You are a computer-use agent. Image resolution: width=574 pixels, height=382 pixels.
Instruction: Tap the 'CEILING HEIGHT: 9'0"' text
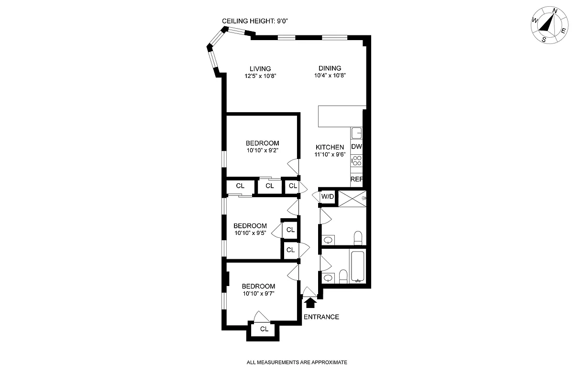pos(255,21)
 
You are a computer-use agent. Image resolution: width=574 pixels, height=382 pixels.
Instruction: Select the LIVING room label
pos(260,69)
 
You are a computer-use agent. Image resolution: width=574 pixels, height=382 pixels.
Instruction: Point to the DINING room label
pos(330,68)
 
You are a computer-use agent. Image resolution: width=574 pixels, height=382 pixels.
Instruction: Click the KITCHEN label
pos(330,147)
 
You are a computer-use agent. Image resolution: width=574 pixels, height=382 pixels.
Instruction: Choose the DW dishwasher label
pos(357,147)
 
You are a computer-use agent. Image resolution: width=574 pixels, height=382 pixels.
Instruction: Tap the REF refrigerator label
pos(357,179)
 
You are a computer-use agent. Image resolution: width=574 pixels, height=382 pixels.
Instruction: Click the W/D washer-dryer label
pos(327,197)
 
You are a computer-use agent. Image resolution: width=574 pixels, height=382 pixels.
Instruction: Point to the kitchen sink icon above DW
pos(357,133)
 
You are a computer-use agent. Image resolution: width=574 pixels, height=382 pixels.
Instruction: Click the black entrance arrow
pos(310,302)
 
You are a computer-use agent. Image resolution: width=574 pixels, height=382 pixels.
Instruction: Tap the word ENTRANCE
pos(321,317)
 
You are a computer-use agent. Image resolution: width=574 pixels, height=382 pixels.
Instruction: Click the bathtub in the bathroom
pos(358,266)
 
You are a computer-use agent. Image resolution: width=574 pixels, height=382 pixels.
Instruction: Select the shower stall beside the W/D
pos(352,198)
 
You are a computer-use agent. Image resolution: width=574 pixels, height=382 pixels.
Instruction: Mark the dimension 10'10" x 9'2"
pos(262,150)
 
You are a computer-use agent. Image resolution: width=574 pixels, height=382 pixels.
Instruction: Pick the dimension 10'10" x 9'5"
pos(250,233)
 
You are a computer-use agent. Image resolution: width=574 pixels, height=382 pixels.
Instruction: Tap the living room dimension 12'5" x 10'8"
pos(260,76)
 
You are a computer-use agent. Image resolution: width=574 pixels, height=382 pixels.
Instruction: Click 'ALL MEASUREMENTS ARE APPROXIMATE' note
pos(297,362)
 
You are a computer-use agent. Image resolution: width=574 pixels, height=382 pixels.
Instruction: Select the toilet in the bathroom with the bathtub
pos(342,276)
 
